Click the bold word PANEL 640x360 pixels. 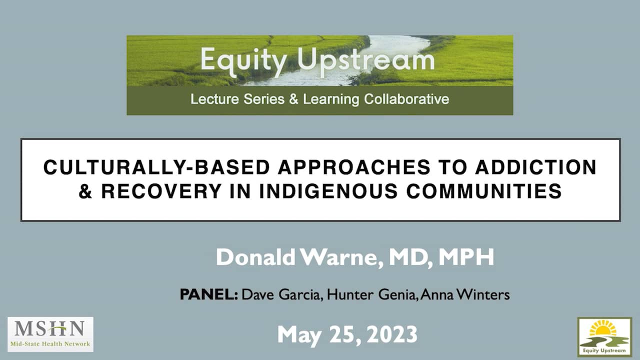tap(208, 294)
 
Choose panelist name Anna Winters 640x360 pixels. tap(465, 294)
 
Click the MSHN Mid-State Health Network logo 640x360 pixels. tap(50, 334)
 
